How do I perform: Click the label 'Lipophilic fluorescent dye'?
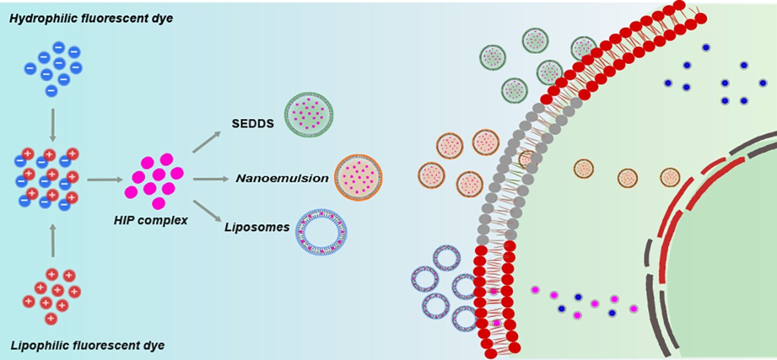tap(87, 345)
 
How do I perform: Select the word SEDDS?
tap(253, 122)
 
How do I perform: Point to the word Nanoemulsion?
tap(282, 178)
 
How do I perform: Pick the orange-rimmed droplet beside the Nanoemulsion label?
tap(358, 178)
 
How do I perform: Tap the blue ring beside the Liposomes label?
tap(321, 232)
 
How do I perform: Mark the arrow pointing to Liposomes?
tap(209, 209)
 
